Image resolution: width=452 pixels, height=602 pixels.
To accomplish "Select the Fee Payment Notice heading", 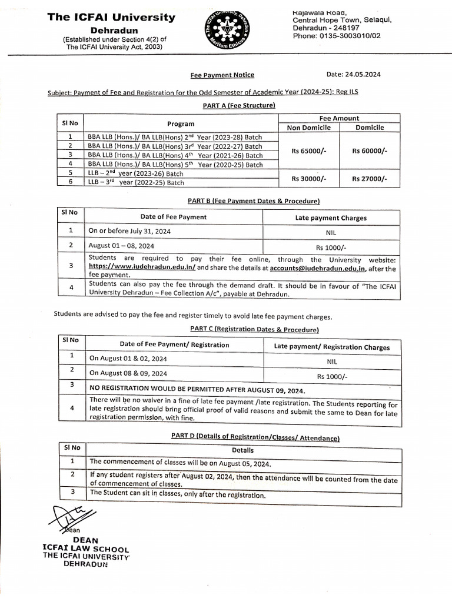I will tap(222, 75).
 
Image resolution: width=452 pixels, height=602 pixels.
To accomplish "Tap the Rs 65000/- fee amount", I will tap(308, 151).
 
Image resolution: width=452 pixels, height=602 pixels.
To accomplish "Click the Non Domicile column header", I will tap(308, 128).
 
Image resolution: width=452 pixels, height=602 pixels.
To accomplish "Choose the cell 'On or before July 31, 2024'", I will tap(129, 232).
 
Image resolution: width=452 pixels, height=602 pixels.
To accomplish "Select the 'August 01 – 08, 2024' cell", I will tap(121, 246).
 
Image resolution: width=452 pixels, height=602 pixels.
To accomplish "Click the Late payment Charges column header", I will tap(330, 218).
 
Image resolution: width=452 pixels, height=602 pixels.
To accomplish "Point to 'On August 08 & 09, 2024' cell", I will tap(128, 373).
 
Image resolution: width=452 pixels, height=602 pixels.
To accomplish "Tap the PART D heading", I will tap(254, 438).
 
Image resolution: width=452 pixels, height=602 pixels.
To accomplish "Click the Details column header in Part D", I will tap(242, 450).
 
